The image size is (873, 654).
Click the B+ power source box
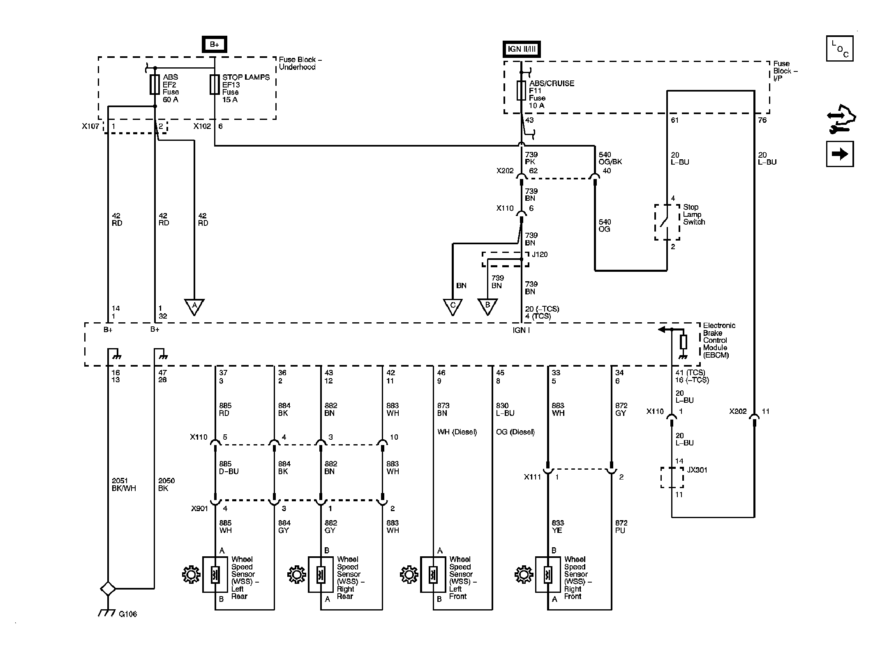[x=214, y=44]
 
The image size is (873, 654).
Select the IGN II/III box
[x=522, y=49]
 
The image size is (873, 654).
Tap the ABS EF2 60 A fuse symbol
[x=155, y=85]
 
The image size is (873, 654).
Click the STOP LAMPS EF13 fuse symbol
[x=215, y=85]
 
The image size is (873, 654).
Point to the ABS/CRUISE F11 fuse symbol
[x=521, y=91]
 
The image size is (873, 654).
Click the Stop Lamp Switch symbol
[x=667, y=222]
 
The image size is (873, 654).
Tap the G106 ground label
[x=127, y=614]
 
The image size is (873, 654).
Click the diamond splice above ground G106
[x=108, y=588]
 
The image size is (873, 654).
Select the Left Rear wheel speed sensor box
[x=215, y=574]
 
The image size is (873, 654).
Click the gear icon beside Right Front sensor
[x=523, y=574]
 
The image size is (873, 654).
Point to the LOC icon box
[x=840, y=48]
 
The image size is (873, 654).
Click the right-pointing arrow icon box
[x=840, y=154]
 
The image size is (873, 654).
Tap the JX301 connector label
[x=697, y=470]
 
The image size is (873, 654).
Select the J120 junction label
[x=540, y=255]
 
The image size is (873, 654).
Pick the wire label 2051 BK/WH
[x=124, y=484]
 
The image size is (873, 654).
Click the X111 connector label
[x=532, y=477]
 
